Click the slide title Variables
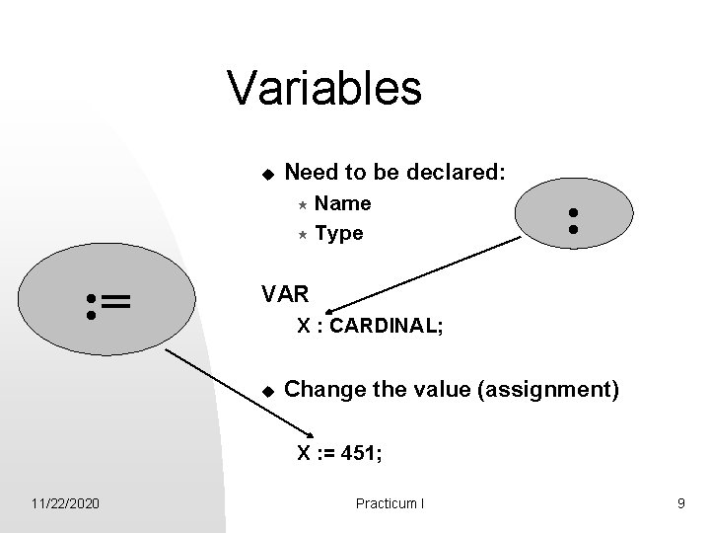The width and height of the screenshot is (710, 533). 324,88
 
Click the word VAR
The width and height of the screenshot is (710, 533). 285,293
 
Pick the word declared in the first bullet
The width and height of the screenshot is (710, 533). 460,172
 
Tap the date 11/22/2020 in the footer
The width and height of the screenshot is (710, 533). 64,503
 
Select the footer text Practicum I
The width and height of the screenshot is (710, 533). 390,503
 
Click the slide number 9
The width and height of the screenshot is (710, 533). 680,503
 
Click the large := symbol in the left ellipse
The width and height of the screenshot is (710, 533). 108,305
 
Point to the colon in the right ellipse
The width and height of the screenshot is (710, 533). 571,219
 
